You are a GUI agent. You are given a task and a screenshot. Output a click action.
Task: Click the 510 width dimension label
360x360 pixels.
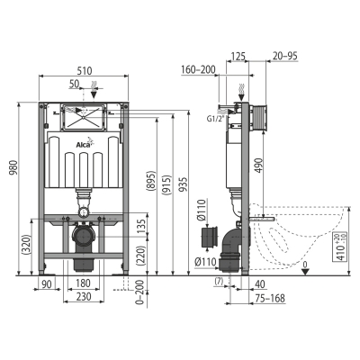[85, 71]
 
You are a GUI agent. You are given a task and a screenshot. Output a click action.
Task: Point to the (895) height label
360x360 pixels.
[151, 181]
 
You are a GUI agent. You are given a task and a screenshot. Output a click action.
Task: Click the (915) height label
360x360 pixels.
[166, 184]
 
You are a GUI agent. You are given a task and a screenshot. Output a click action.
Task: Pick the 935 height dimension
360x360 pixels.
[184, 184]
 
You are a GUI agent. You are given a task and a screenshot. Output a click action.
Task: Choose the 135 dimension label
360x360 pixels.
[142, 227]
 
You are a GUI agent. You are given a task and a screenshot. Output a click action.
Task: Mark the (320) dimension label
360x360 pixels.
[26, 245]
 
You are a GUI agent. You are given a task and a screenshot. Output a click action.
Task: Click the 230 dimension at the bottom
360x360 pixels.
[84, 296]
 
